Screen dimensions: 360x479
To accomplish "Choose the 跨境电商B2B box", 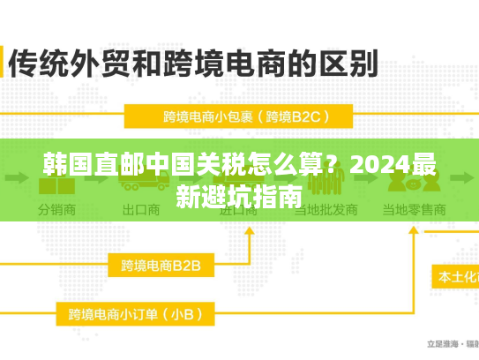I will click(x=161, y=265).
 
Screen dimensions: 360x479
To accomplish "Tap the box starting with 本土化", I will click(x=454, y=276).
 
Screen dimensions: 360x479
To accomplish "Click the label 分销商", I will click(x=56, y=212).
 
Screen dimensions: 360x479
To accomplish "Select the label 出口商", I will click(x=140, y=212).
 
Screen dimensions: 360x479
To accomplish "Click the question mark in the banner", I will click(x=332, y=164).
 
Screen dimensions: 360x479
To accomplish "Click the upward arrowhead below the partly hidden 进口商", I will click(x=250, y=231).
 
